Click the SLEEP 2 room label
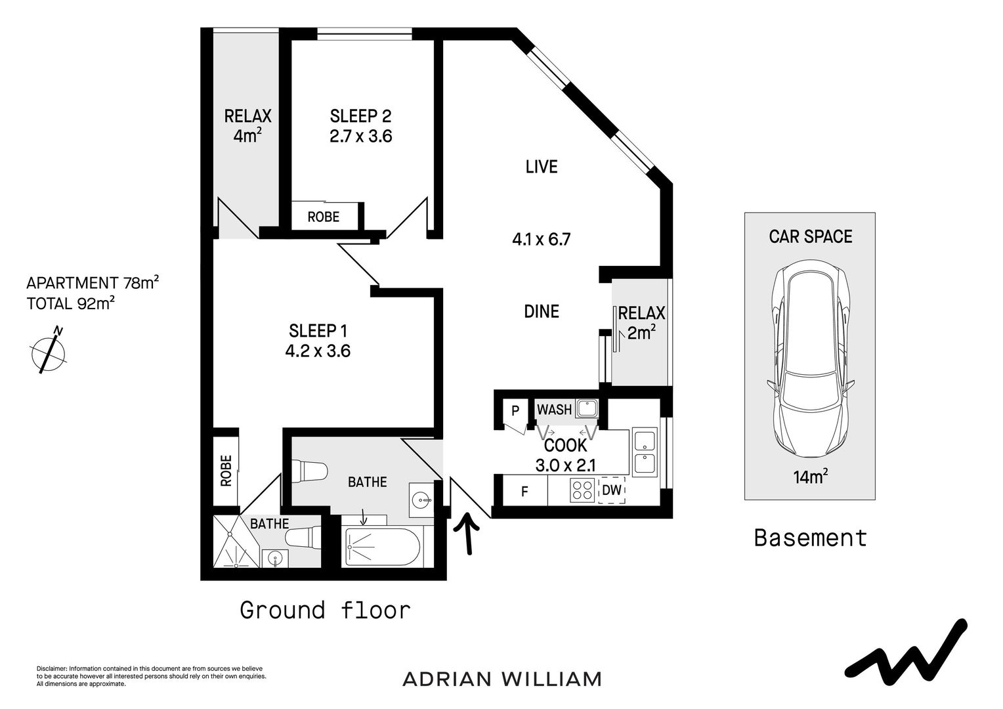click(x=360, y=116)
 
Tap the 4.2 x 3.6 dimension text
click(x=318, y=351)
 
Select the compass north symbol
click(x=49, y=351)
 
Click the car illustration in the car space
click(x=811, y=358)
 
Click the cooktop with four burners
click(x=582, y=490)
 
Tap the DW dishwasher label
click(x=612, y=490)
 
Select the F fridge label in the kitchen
click(x=524, y=492)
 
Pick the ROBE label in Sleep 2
click(x=324, y=217)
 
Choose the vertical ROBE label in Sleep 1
click(x=226, y=471)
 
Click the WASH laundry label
click(x=554, y=410)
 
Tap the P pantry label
click(x=515, y=411)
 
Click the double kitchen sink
click(x=645, y=452)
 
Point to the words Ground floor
click(x=326, y=610)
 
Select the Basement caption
click(x=811, y=538)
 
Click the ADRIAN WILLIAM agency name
click(x=502, y=679)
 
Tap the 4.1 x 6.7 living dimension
click(x=542, y=240)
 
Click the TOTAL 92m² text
click(x=71, y=303)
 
